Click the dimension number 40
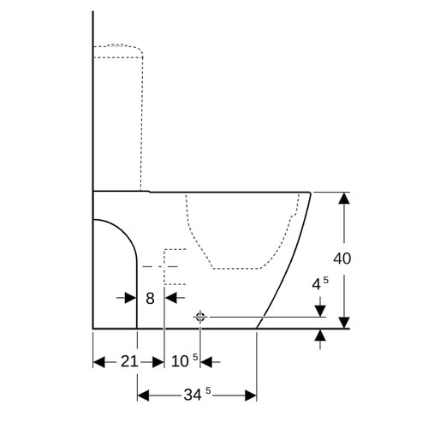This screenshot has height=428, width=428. pyautogui.click(x=342, y=259)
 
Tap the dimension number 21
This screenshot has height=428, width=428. pyautogui.click(x=129, y=361)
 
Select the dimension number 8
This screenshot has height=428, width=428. pyautogui.click(x=150, y=299)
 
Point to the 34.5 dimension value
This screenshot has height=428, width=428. pyautogui.click(x=197, y=395)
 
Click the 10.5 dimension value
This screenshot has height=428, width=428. pyautogui.click(x=185, y=360)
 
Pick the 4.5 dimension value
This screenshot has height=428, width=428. pyautogui.click(x=320, y=283)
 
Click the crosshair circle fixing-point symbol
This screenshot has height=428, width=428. pyautogui.click(x=200, y=317)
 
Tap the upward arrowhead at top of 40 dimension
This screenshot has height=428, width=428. pyautogui.click(x=344, y=198)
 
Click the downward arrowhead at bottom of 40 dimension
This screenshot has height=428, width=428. pyautogui.click(x=344, y=323)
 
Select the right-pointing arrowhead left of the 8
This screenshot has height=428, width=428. pyautogui.click(x=131, y=298)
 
